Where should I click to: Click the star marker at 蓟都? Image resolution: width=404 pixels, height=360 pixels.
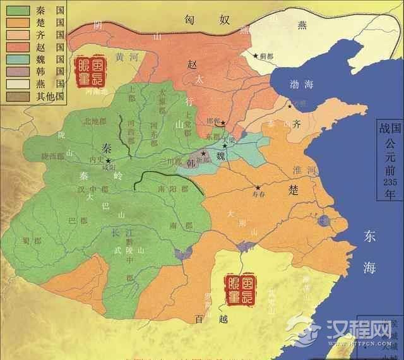(256, 56)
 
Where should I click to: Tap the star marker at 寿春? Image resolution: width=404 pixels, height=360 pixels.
(258, 188)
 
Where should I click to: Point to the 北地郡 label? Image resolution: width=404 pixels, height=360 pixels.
(95, 121)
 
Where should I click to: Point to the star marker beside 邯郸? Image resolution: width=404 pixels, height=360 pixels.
(222, 123)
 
